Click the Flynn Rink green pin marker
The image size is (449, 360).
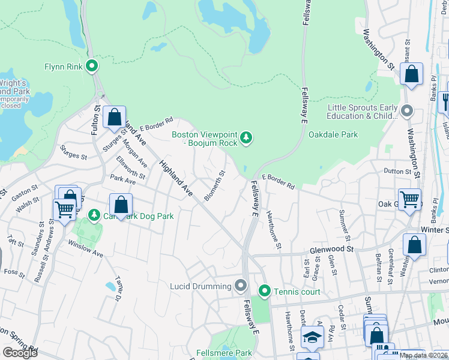92,67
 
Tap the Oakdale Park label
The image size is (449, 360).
333,134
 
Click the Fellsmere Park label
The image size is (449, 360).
224,353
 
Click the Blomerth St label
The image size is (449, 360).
215,186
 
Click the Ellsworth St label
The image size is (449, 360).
131,167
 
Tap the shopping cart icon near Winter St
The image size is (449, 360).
410,199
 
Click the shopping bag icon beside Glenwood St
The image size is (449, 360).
414,244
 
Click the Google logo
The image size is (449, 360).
20,353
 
